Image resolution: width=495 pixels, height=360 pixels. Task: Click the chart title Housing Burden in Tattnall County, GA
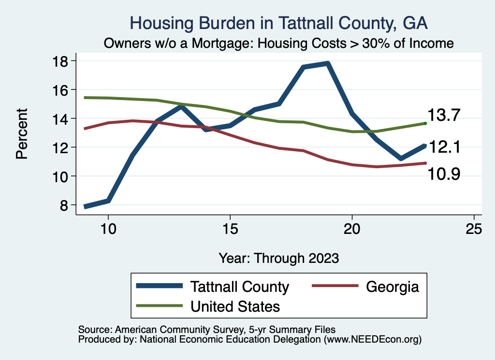(279, 23)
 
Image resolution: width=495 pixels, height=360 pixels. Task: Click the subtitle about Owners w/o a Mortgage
(279, 43)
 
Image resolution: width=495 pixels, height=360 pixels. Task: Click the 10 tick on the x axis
(108, 229)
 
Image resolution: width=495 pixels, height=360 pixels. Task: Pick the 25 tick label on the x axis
(474, 229)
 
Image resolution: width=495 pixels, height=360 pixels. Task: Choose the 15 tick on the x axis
(230, 229)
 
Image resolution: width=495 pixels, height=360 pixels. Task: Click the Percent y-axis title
(22, 133)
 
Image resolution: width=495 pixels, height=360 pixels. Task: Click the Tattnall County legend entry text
(240, 287)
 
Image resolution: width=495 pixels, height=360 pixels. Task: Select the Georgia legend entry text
(392, 287)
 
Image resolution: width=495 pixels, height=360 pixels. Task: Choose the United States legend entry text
(235, 306)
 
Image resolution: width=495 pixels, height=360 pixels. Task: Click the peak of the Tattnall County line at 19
(328, 63)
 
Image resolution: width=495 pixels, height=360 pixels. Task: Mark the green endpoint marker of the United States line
(425, 124)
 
